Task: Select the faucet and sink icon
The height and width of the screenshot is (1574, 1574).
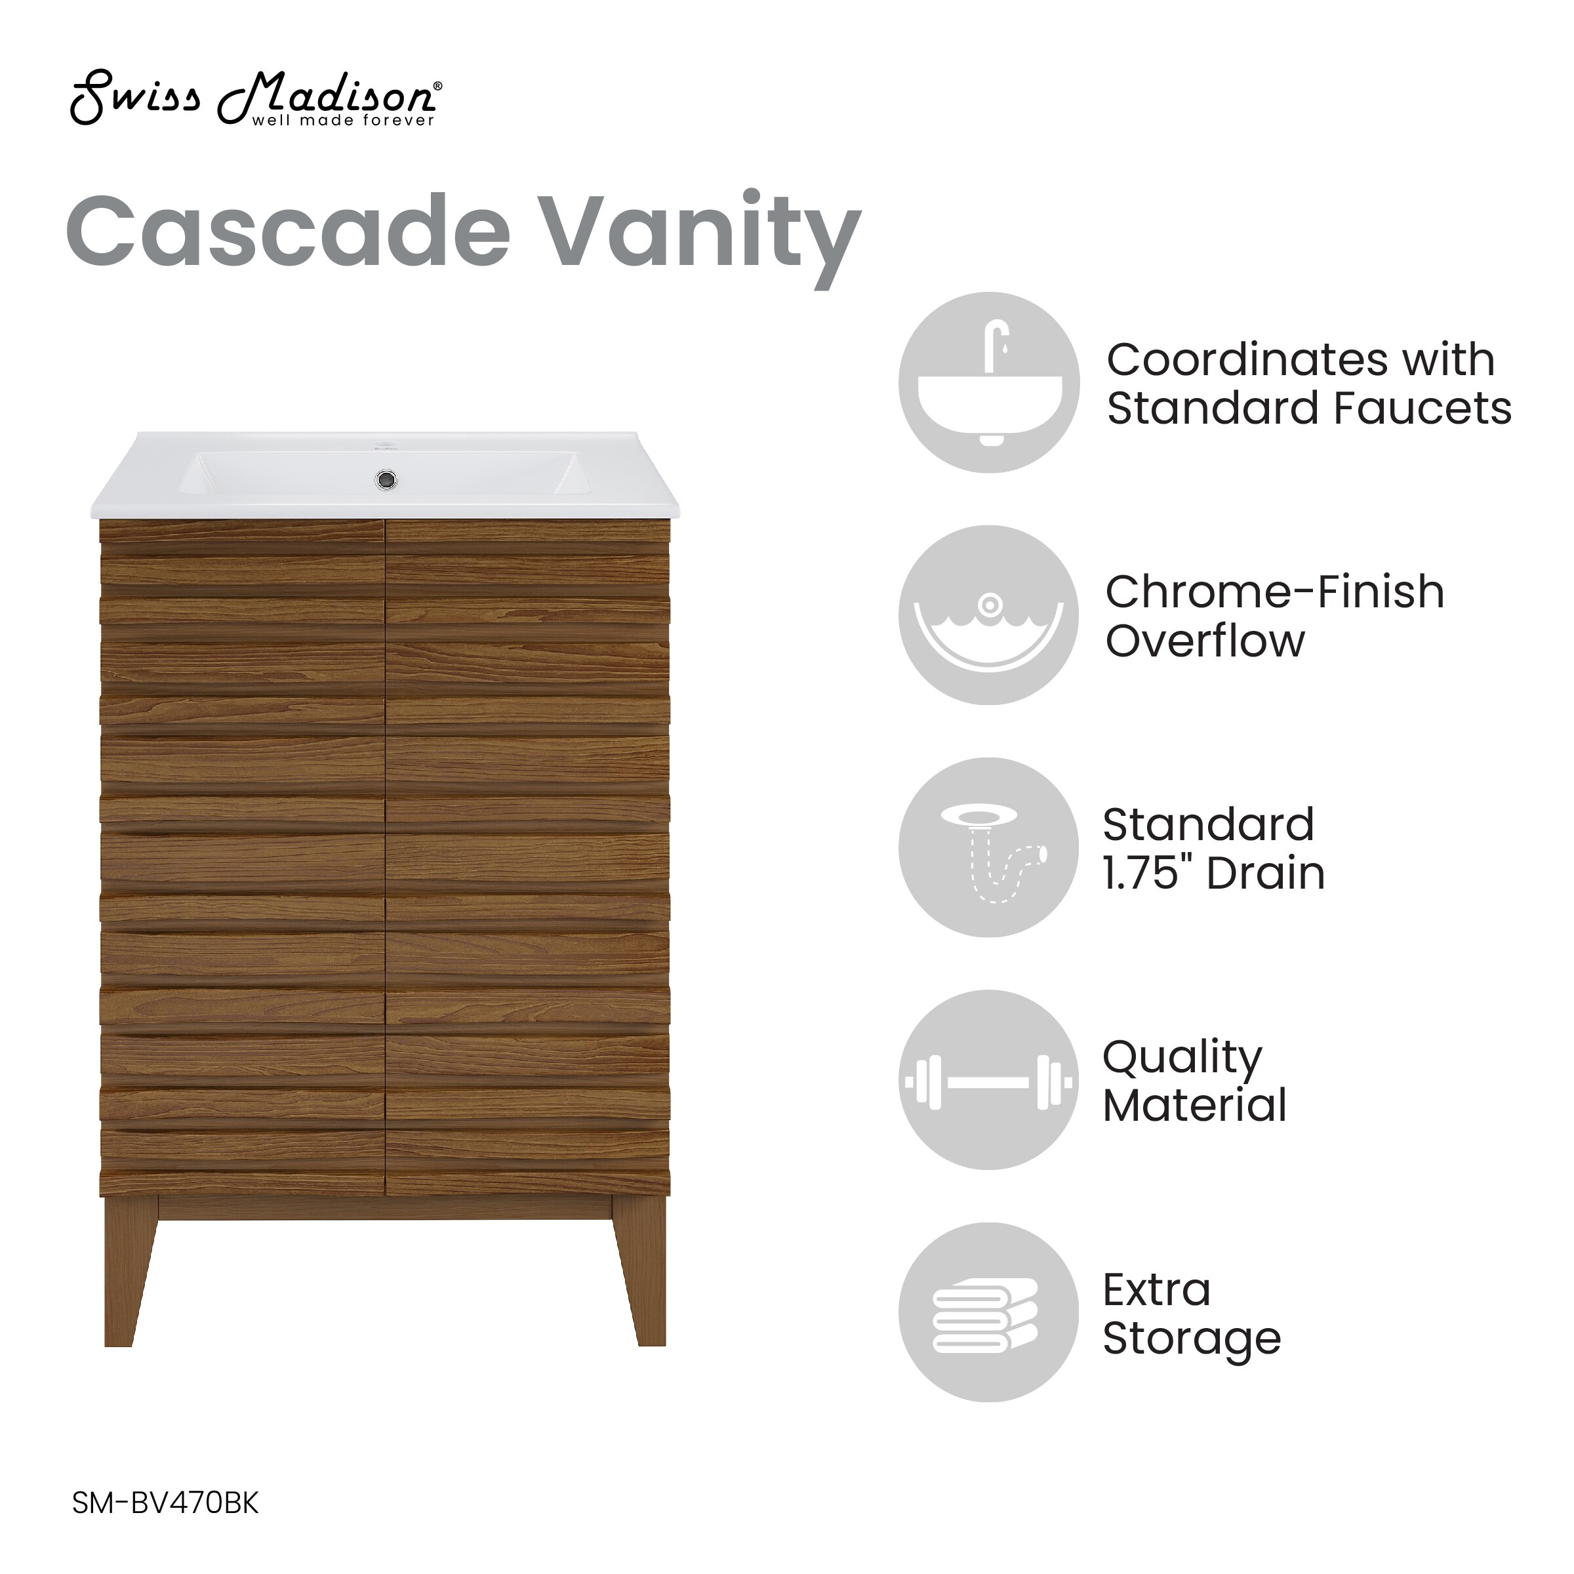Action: pos(989,382)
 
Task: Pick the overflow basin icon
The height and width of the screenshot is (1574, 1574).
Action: pos(989,615)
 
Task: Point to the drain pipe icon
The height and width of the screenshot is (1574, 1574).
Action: pos(989,847)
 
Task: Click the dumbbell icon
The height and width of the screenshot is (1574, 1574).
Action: pos(989,1081)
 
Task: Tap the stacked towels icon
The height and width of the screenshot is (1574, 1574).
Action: pos(989,1312)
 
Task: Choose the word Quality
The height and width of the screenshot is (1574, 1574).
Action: pos(1182,1059)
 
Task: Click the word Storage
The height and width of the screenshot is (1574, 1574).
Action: pos(1192,1339)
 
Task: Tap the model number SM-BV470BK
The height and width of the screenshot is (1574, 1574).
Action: pos(165,1503)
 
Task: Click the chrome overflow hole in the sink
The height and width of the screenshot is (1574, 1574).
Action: pos(386,480)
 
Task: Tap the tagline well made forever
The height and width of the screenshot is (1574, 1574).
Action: pos(343,121)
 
